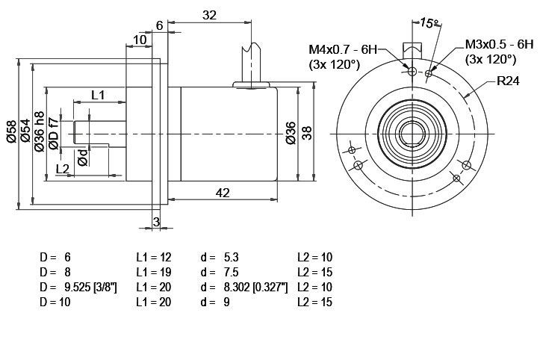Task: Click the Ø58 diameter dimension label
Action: click(11, 131)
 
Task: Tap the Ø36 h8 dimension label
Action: click(40, 131)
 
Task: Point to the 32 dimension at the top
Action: click(209, 15)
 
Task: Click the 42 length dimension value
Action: click(223, 193)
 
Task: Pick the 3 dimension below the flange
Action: click(156, 222)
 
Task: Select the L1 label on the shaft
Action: click(98, 95)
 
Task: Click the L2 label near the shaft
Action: click(63, 169)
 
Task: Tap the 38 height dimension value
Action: click(306, 133)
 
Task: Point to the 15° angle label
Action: click(429, 23)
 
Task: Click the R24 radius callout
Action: click(508, 81)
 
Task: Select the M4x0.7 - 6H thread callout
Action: click(343, 49)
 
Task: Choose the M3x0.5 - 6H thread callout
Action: click(499, 45)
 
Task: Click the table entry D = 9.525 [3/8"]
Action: click(78, 287)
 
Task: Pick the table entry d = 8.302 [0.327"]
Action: click(243, 287)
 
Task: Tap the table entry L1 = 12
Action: click(154, 257)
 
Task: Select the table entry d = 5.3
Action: click(220, 257)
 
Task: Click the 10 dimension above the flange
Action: click(140, 40)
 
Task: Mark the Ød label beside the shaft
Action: click(83, 158)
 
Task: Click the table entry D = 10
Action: click(55, 302)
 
